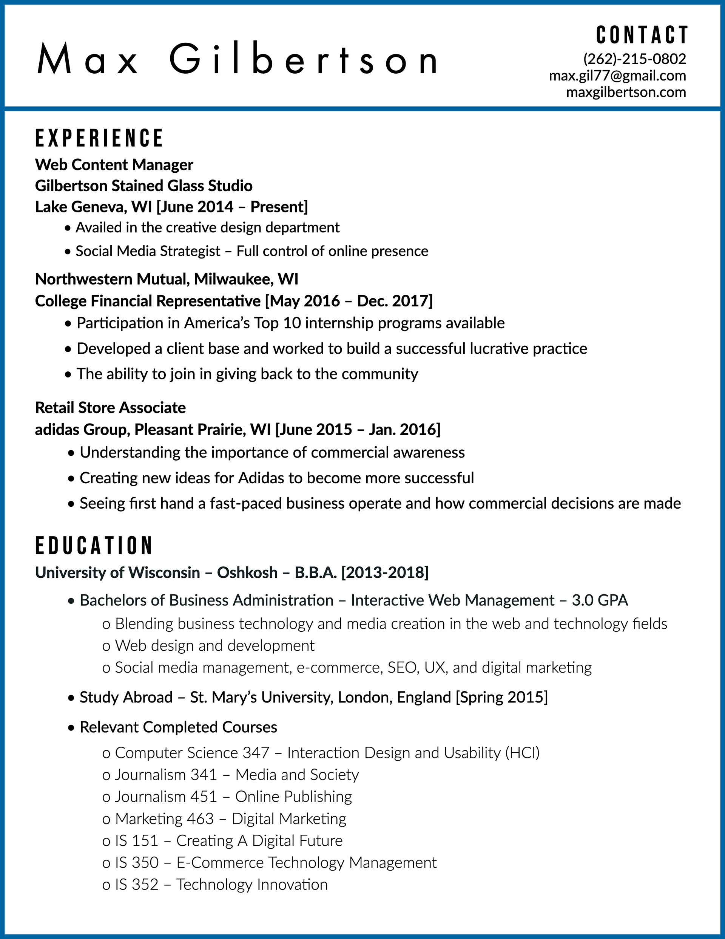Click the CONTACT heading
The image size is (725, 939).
click(x=642, y=35)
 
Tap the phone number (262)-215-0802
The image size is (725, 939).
click(x=634, y=59)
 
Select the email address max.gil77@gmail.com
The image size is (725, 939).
click(x=617, y=76)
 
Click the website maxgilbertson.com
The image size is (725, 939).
click(x=626, y=92)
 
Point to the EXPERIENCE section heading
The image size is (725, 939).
click(x=99, y=138)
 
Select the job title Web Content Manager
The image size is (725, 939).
click(x=114, y=165)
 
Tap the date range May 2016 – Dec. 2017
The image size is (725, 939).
click(x=349, y=301)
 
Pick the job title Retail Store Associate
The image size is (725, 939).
click(x=110, y=408)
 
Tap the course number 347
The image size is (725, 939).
click(x=256, y=753)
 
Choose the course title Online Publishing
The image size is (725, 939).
click(x=293, y=797)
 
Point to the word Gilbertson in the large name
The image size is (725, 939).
click(x=303, y=59)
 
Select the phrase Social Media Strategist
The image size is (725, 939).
click(x=148, y=251)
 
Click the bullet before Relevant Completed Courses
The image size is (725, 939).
click(x=71, y=728)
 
